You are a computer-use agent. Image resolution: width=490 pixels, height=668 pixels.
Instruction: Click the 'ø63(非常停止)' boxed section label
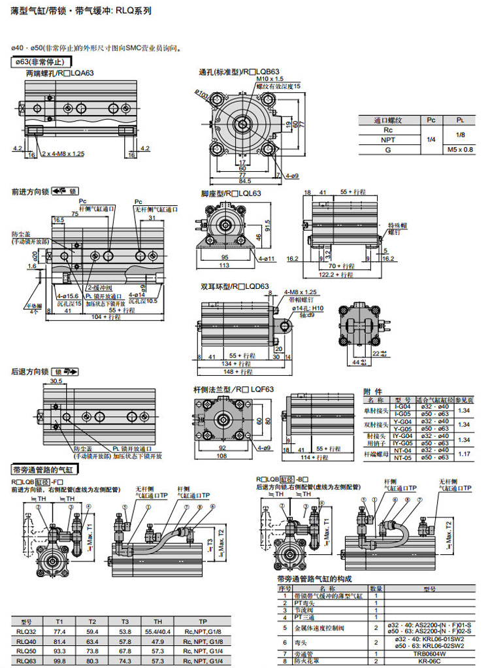coord(38,61)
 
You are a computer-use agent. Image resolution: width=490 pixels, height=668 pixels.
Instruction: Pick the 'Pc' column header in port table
coord(431,120)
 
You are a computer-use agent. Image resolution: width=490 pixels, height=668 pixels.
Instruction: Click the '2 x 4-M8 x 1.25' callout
coord(63,154)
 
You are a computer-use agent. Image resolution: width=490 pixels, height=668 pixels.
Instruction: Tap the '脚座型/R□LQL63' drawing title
coord(231,193)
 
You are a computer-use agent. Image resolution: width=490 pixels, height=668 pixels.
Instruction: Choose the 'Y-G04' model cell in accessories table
coord(402,421)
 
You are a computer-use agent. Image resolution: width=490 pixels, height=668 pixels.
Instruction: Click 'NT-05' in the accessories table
coord(402,458)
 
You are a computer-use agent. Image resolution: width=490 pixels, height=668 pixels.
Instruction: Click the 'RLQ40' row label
coord(27,642)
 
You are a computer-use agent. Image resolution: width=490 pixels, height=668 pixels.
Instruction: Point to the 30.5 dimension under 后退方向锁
coord(56,381)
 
